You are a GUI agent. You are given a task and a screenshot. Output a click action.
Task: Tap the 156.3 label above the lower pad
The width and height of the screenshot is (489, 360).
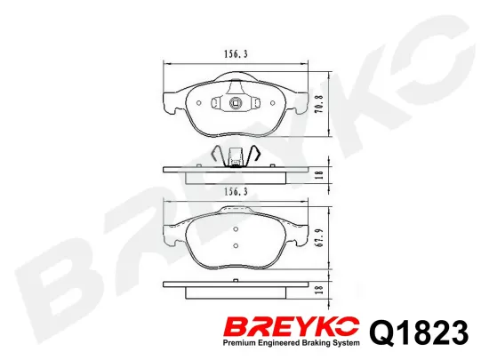pos(234,191)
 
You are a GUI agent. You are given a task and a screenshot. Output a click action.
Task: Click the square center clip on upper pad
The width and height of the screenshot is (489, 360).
pos(236,101)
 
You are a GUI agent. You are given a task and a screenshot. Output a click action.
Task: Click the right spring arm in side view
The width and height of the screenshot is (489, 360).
pos(253,154)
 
